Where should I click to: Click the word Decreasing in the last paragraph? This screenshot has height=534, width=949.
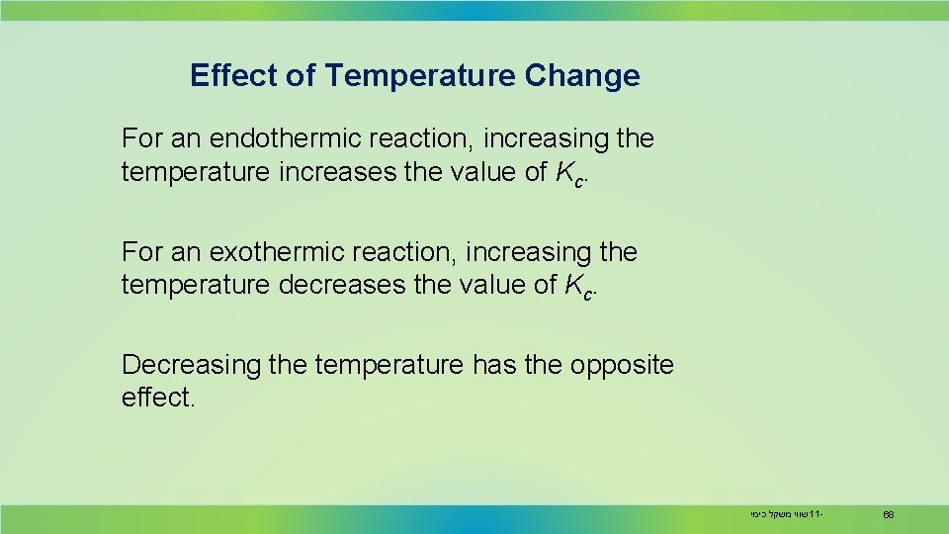[190, 365]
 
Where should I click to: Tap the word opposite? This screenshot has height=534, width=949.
[622, 365]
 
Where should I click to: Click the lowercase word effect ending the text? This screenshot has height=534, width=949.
[157, 399]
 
